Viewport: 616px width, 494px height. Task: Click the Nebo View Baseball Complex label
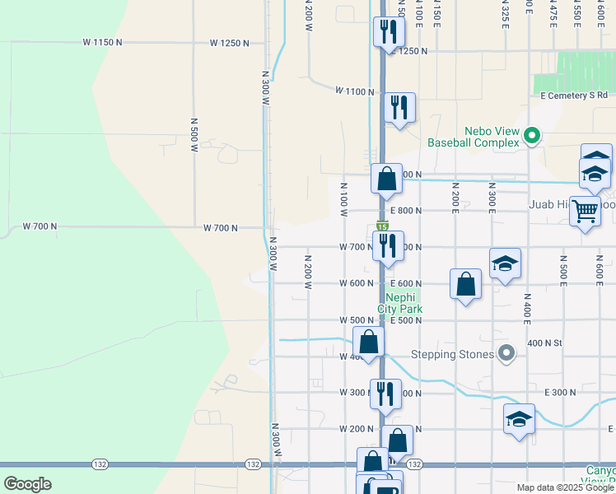[x=473, y=137]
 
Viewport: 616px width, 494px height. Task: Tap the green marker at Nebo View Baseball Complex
[x=532, y=136]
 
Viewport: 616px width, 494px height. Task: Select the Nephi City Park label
[x=400, y=304]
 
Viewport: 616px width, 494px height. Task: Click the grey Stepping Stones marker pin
[x=507, y=354]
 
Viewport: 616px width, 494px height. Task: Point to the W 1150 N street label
[x=103, y=42]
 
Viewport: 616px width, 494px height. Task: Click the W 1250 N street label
[x=229, y=42]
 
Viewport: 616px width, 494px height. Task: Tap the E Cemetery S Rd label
[x=573, y=96]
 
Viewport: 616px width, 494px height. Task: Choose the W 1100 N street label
[x=355, y=91]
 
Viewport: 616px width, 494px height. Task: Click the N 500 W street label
[x=194, y=135]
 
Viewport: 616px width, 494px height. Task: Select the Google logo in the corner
[x=27, y=483]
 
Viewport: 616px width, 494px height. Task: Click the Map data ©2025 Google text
[x=563, y=487]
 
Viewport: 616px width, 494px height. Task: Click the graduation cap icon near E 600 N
[x=505, y=263]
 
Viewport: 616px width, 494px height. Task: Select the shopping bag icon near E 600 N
[x=465, y=283]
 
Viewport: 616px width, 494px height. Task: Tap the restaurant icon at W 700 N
[x=388, y=245]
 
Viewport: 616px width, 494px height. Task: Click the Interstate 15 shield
[x=383, y=226]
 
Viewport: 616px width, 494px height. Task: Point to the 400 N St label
[x=544, y=343]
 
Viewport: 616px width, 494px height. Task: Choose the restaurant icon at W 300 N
[x=385, y=393]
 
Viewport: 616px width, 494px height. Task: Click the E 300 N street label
[x=560, y=393]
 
